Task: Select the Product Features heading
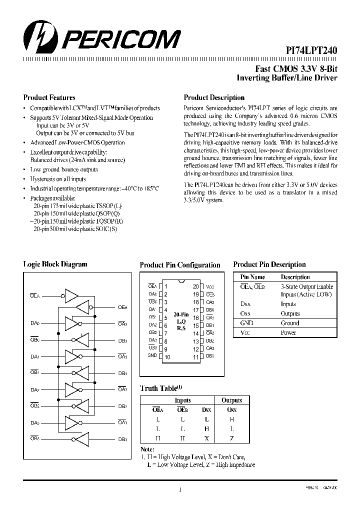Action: tap(49, 97)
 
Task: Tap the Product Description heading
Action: tap(214, 97)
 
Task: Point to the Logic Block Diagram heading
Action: tap(55, 264)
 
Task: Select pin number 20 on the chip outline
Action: tap(195, 286)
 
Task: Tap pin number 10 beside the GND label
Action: tap(167, 357)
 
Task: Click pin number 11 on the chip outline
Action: tap(195, 357)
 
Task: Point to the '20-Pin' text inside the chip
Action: tap(181, 313)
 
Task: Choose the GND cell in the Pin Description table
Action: tap(247, 323)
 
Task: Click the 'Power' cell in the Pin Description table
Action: tap(288, 332)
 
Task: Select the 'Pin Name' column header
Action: tap(252, 277)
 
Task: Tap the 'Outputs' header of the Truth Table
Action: tap(231, 400)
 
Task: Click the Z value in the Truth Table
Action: tap(231, 437)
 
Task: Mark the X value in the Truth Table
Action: tap(206, 437)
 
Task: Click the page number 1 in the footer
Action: tap(179, 489)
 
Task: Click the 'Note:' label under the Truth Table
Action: tap(147, 449)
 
